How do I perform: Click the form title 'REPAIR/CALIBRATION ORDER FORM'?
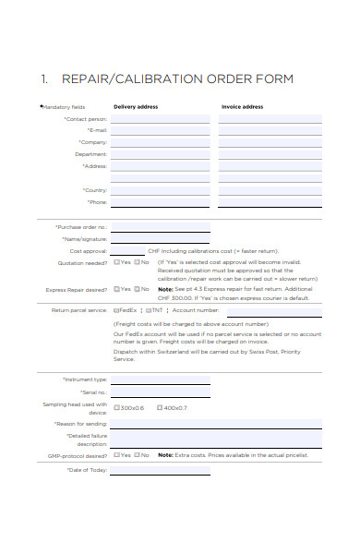pos(176,79)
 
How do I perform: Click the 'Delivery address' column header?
pos(136,106)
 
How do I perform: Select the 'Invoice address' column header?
pos(242,106)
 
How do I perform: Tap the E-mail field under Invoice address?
pos(270,131)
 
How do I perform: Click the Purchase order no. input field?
pos(161,226)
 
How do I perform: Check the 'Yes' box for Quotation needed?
pos(116,261)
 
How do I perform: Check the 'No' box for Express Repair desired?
pos(137,289)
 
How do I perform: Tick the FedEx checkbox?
pos(116,311)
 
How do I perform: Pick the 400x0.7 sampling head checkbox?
pos(160,407)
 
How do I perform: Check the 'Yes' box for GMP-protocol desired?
pos(116,454)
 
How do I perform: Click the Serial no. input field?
pos(161,392)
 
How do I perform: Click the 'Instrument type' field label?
pos(84,379)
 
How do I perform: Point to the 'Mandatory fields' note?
pos(63,107)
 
